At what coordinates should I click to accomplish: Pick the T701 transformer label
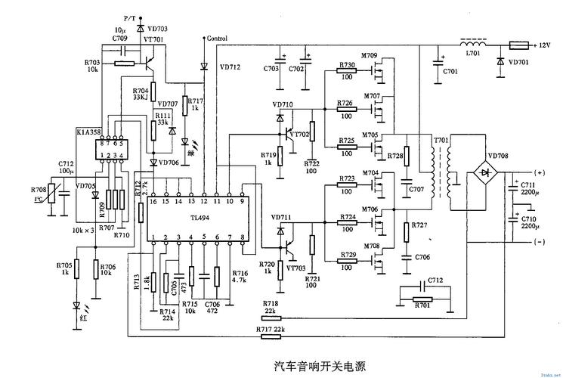point(440,141)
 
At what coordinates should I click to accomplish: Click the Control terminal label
point(216,38)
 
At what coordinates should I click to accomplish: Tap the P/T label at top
point(129,17)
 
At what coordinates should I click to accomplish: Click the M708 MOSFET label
point(370,246)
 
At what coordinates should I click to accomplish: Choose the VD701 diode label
point(519,63)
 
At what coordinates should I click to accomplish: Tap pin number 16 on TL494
point(153,202)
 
